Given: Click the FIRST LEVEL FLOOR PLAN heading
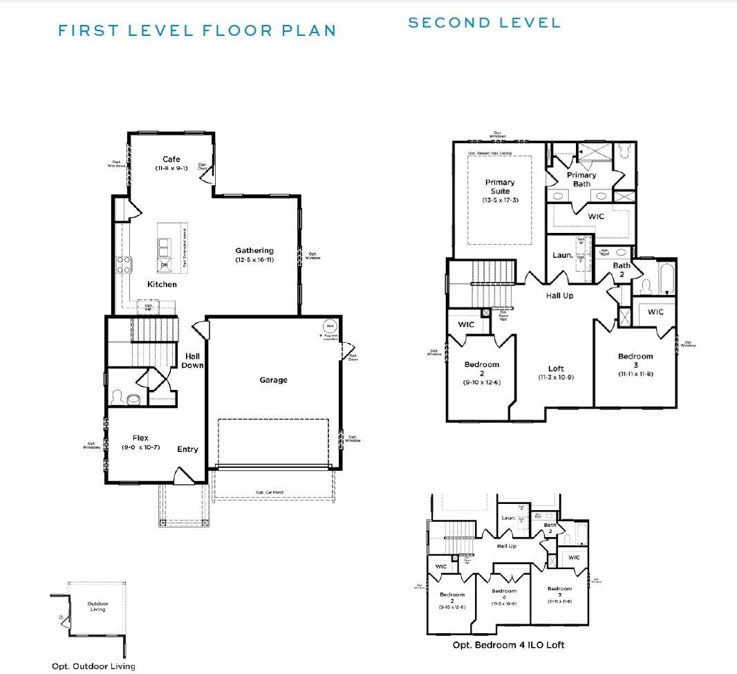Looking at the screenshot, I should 197,30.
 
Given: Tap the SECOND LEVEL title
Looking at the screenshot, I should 484,23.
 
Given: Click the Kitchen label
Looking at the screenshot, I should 162,284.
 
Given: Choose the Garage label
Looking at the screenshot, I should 274,380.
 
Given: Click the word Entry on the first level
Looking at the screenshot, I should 187,449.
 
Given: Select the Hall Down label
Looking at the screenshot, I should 192,360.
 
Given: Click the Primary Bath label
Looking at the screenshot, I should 581,179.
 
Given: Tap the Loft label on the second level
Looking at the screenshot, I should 556,369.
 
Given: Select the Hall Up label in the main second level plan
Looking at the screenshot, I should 559,295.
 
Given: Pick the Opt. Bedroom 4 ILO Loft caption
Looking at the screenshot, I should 508,645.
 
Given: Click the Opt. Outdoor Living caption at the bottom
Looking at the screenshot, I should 93,666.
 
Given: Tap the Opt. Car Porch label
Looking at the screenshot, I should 270,492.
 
